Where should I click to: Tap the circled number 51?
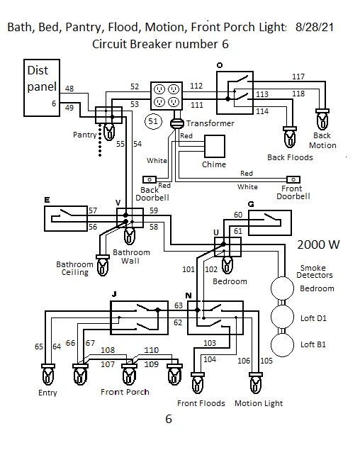coord(153,121)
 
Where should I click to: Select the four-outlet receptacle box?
coord(167,96)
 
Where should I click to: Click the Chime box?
coord(215,147)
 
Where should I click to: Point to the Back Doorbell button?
coord(150,180)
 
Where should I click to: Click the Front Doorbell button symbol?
coord(293,180)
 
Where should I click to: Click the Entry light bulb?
coord(48,375)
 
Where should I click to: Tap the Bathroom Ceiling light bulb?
coord(103,265)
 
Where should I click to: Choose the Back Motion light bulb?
coord(322,120)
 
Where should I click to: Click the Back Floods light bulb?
coord(290,137)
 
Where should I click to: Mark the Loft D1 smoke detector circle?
coord(283,317)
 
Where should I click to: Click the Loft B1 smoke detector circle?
coord(283,345)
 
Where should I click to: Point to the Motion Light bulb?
coord(256,383)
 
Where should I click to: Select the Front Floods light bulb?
coord(198,383)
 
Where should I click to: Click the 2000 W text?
coord(318,244)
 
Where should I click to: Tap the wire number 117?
coord(298,77)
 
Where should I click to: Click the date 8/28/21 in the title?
coord(315,27)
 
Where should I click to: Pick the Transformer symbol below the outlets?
coord(177,123)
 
